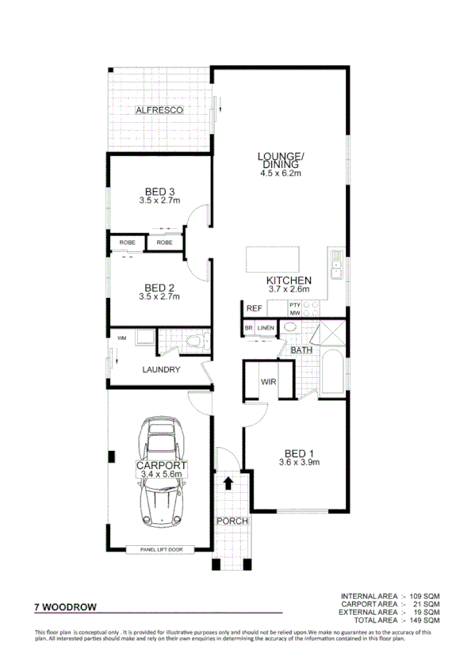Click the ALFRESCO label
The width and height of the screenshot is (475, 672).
(159, 109)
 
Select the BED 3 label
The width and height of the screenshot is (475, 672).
(159, 191)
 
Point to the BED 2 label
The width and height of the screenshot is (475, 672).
(159, 288)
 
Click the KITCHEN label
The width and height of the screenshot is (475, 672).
(288, 281)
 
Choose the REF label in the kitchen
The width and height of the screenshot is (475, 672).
(254, 308)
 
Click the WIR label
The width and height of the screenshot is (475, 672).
(268, 382)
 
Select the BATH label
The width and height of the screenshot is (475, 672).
(301, 349)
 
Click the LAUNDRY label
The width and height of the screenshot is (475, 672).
(162, 369)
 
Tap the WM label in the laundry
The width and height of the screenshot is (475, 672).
(121, 339)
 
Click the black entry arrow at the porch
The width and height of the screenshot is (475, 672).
(228, 482)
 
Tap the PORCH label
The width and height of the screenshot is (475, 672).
(232, 521)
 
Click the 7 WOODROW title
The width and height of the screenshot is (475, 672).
(66, 607)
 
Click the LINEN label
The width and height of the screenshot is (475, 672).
(265, 327)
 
